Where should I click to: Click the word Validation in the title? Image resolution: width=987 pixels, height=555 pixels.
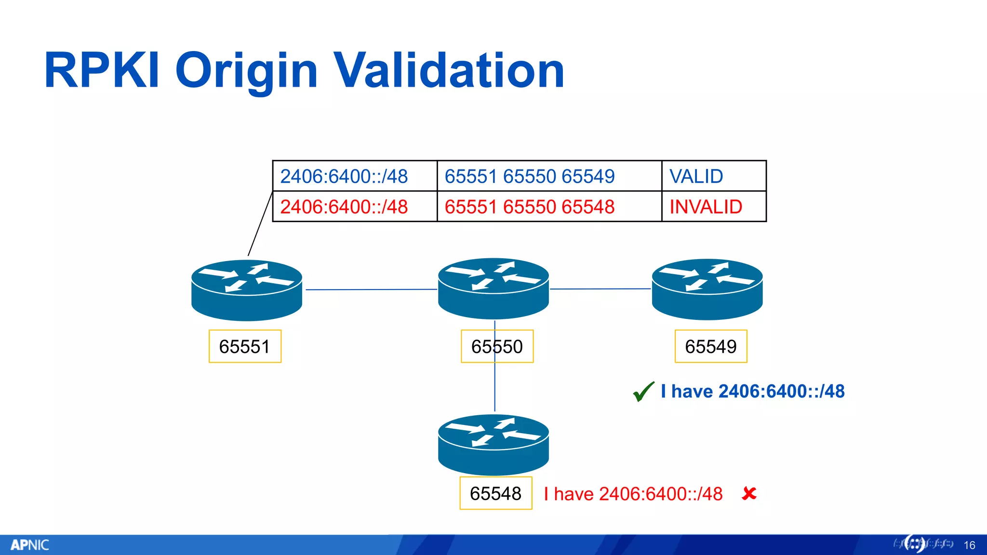[449, 71]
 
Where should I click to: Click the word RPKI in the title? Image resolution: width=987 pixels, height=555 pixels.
[102, 71]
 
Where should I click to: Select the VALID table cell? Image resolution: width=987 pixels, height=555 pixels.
[713, 176]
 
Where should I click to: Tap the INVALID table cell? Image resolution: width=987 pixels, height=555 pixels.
[713, 207]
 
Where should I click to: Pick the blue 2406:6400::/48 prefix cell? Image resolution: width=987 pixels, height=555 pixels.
[355, 176]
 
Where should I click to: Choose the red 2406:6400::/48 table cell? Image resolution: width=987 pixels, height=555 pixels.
[355, 207]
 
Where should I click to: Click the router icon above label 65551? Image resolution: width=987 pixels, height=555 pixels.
[247, 290]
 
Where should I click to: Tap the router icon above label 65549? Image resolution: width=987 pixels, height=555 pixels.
[707, 289]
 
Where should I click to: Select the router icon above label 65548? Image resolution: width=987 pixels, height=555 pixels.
[493, 444]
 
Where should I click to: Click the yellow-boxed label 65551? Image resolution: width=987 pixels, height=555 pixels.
[245, 346]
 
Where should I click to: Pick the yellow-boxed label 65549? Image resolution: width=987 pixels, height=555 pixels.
[711, 346]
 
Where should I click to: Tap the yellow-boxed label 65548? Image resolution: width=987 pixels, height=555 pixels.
[496, 493]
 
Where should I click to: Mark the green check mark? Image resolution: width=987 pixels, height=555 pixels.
[643, 391]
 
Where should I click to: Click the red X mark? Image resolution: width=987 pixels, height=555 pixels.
[749, 493]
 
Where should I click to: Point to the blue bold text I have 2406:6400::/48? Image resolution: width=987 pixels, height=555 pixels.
[753, 391]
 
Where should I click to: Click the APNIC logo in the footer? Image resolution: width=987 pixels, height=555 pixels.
[30, 545]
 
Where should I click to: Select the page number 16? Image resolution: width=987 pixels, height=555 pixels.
[969, 545]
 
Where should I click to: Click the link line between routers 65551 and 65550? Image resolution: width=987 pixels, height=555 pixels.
[371, 290]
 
